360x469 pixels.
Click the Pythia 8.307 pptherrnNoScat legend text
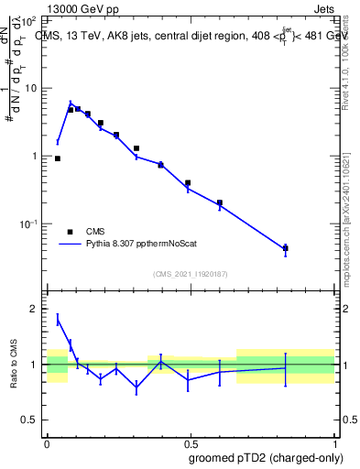[x=136, y=245]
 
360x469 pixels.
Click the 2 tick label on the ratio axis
[x=33, y=310]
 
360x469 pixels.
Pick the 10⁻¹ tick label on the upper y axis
[x=29, y=224]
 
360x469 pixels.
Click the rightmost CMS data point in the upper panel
[x=285, y=248]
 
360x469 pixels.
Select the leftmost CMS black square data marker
[x=58, y=158]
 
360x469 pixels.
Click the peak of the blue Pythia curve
[x=71, y=104]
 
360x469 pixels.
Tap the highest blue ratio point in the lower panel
[x=58, y=319]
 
